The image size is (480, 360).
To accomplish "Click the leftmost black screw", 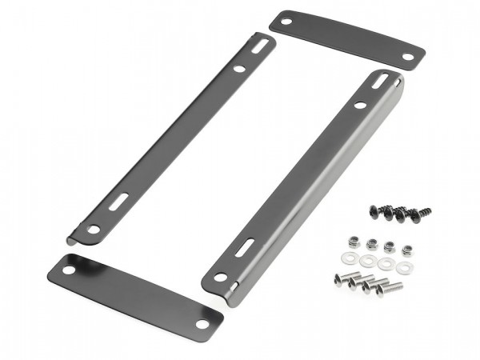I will tap(374, 210).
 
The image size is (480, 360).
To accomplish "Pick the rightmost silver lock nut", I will tap(406, 250).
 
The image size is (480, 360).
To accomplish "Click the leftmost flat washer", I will tap(350, 258).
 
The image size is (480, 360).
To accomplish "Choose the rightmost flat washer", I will tap(403, 267).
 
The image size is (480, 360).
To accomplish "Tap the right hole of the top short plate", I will tap(408, 57).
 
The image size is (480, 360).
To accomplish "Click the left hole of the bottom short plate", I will tap(69, 270).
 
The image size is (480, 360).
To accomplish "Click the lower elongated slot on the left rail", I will tap(122, 199).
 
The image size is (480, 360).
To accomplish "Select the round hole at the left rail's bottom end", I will tap(93, 230).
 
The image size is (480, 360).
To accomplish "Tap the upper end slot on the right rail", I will tap(383, 81).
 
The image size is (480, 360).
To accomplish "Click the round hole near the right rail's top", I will tap(361, 104).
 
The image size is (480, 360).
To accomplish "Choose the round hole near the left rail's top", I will tap(239, 69).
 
